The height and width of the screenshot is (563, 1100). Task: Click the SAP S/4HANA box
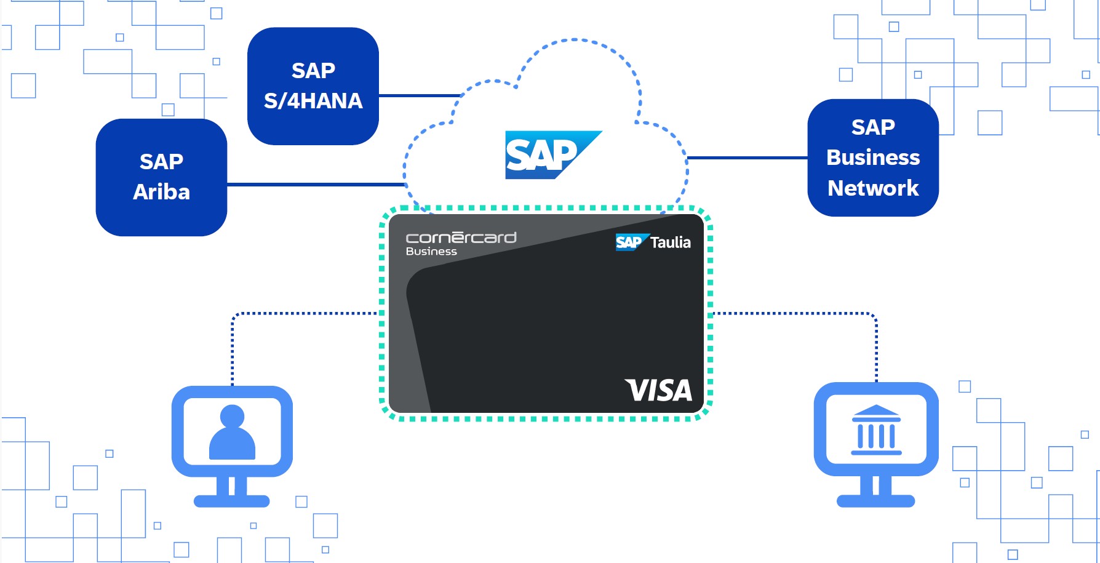click(x=313, y=86)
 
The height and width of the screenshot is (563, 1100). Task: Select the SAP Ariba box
click(x=161, y=177)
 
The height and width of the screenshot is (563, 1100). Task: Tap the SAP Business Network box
click(x=872, y=158)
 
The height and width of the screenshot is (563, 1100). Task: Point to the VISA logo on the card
click(x=658, y=391)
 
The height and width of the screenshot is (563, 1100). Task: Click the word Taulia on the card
click(x=671, y=242)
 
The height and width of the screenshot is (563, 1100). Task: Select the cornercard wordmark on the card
click(x=461, y=238)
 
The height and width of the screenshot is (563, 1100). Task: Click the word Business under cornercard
click(x=431, y=252)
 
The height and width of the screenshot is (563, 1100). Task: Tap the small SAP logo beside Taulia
click(x=628, y=242)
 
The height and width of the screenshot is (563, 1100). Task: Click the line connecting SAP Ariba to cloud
click(x=314, y=184)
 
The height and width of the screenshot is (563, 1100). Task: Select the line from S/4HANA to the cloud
click(x=418, y=95)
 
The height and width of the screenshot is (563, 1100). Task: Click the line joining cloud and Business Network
click(x=747, y=158)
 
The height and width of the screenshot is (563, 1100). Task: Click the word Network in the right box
click(x=873, y=188)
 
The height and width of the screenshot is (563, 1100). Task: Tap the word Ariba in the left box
click(x=161, y=192)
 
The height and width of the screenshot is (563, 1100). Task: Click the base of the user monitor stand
click(x=232, y=501)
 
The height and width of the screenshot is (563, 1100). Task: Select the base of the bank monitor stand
click(x=875, y=501)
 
